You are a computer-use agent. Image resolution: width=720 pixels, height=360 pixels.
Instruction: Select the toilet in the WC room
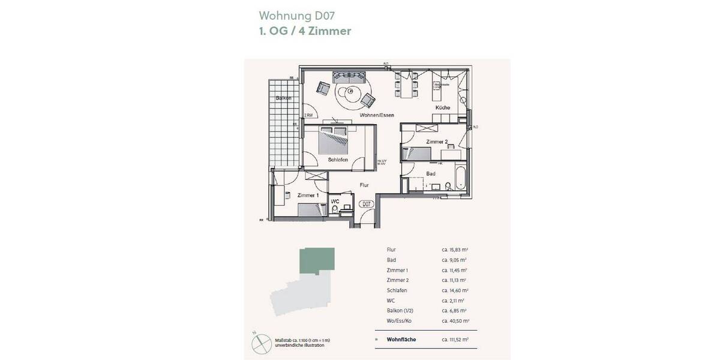pos(334,208)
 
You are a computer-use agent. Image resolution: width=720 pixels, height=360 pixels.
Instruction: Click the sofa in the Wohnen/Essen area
pos(349,77)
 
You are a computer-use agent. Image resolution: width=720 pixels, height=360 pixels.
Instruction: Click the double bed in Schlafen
pos(334,140)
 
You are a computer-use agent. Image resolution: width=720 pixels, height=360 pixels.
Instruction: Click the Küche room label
pos(443,107)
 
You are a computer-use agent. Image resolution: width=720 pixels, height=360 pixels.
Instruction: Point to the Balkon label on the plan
pos(283,98)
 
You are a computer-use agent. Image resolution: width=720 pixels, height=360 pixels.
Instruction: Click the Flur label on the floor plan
pos(364,185)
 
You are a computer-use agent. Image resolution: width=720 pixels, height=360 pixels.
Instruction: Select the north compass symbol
pos(259,340)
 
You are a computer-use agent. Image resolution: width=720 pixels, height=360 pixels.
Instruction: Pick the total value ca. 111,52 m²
pos(455,340)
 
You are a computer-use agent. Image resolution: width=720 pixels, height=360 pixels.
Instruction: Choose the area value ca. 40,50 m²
pos(454,321)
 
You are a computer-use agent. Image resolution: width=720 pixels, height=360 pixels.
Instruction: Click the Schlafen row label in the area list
pos(397,290)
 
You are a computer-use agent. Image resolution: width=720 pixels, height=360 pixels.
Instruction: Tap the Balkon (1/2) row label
pos(402,311)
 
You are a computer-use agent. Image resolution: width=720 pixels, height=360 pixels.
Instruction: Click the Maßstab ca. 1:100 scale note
pos(302,341)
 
